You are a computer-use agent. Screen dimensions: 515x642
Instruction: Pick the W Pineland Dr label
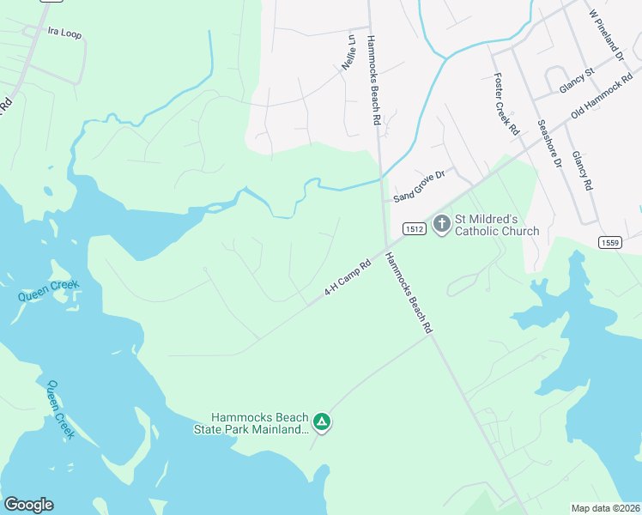[x=605, y=35]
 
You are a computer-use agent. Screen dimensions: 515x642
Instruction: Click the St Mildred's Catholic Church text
[x=496, y=225]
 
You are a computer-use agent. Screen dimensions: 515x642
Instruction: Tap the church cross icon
[x=441, y=225]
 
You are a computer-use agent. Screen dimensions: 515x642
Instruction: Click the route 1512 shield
[x=410, y=228]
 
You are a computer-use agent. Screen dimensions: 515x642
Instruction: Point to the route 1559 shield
[x=609, y=243]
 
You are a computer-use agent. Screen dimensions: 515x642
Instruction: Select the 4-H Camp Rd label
[x=347, y=279]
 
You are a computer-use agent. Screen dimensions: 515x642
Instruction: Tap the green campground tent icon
[x=321, y=421]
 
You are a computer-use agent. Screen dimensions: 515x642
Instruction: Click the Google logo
[x=28, y=505]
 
